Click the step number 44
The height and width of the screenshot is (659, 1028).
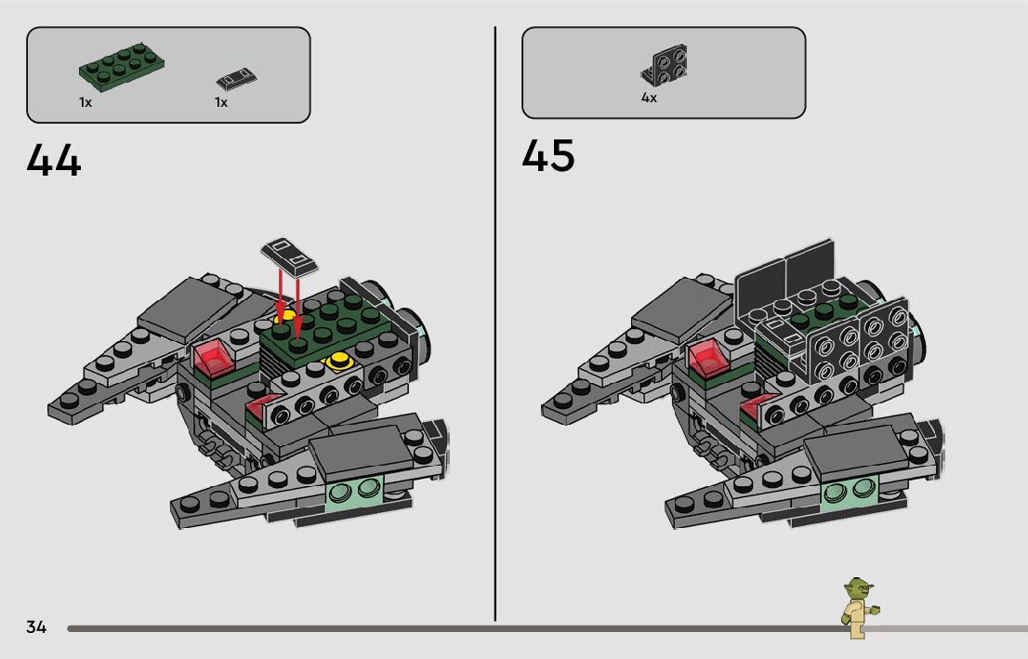point(54,159)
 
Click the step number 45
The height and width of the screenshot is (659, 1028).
point(548,155)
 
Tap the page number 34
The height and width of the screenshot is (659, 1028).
point(36,627)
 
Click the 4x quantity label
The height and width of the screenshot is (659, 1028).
point(649,98)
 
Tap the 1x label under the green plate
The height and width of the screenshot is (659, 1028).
point(86,102)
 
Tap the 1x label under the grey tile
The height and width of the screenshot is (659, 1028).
point(221,102)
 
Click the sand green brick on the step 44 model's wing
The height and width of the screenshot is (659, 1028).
point(356,492)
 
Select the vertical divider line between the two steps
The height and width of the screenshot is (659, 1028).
point(495,325)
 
